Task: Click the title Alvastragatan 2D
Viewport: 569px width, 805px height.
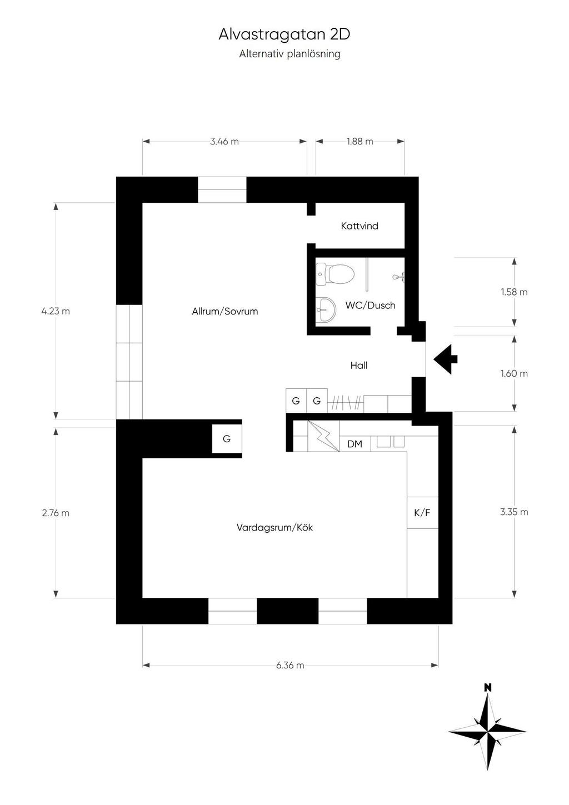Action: (284, 34)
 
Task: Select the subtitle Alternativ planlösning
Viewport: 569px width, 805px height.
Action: (290, 54)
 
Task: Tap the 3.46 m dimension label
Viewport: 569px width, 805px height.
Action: (224, 141)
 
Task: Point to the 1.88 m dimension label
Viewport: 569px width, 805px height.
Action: (360, 141)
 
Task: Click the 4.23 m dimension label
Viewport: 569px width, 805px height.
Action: (56, 311)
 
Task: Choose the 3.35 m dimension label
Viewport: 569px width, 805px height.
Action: (514, 512)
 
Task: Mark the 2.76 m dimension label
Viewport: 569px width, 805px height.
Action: (56, 513)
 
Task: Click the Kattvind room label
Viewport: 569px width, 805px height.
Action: (360, 226)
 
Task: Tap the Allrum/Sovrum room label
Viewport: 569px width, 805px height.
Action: (225, 311)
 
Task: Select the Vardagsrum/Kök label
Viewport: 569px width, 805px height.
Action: (274, 528)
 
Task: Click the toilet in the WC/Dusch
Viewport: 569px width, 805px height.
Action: (335, 274)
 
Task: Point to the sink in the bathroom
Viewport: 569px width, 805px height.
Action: (326, 309)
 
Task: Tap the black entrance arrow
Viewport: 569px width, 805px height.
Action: (445, 359)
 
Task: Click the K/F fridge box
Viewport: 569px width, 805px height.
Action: (422, 512)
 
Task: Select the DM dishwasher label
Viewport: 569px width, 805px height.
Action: (355, 444)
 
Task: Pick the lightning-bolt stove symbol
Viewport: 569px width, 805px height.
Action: (323, 436)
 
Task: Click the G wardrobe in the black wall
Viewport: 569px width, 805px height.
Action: (227, 439)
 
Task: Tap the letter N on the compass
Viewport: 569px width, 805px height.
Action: (488, 688)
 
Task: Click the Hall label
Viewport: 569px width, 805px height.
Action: (359, 366)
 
